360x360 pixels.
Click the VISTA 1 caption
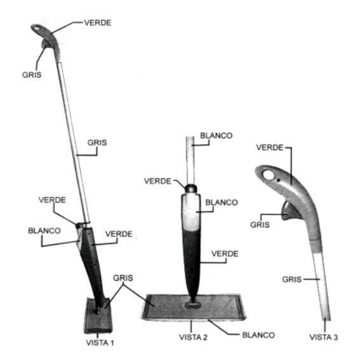(x=100, y=343)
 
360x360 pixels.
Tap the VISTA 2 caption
(x=193, y=337)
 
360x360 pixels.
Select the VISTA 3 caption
(x=324, y=337)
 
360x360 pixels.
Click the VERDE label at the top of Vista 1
(x=98, y=23)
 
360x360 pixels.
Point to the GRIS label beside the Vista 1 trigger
(x=32, y=75)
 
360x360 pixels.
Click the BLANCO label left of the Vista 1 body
(x=44, y=230)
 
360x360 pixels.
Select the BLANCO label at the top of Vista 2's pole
(x=217, y=135)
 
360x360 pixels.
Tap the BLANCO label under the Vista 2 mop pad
(x=258, y=335)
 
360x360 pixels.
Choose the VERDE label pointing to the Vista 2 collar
(x=157, y=181)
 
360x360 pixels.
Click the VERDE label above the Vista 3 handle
(x=270, y=147)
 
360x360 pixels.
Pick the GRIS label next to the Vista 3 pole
(x=292, y=279)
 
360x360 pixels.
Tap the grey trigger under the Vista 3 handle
(x=290, y=211)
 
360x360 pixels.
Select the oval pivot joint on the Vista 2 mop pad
(x=193, y=305)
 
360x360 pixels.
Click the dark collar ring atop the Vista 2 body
(x=191, y=189)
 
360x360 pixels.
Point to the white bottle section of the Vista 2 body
(x=191, y=212)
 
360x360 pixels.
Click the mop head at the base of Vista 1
(x=98, y=316)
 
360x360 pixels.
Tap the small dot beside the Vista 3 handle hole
(x=278, y=180)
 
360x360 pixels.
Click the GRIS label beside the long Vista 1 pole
(x=97, y=143)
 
